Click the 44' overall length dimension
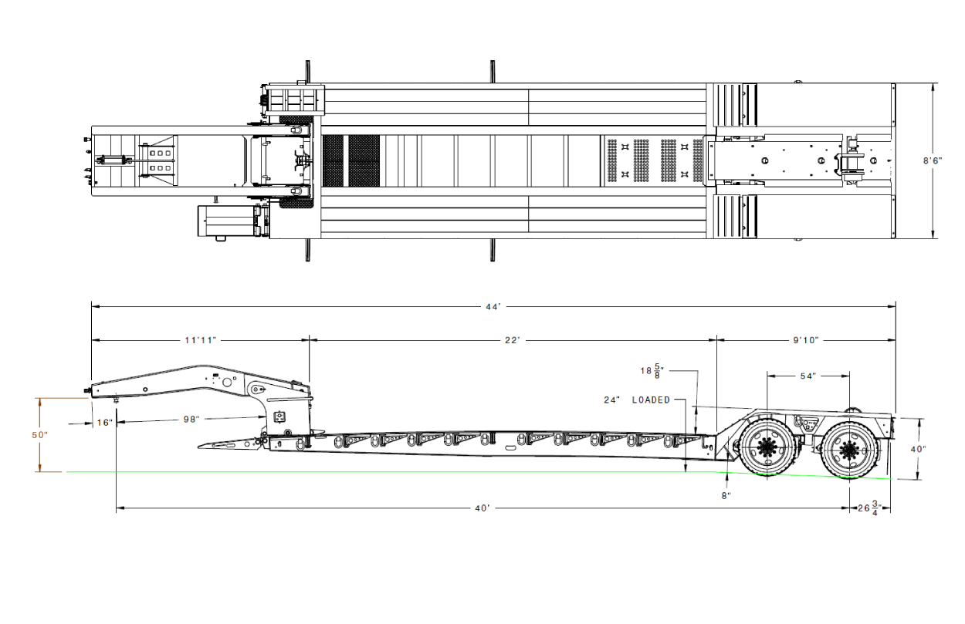(493, 307)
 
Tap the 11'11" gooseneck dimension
(200, 340)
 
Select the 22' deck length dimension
(513, 340)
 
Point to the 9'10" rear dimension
(806, 340)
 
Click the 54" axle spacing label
(808, 376)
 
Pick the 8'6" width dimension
(933, 161)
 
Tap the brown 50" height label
(39, 435)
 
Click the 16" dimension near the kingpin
(105, 423)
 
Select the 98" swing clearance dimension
(191, 419)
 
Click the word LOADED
(651, 400)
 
